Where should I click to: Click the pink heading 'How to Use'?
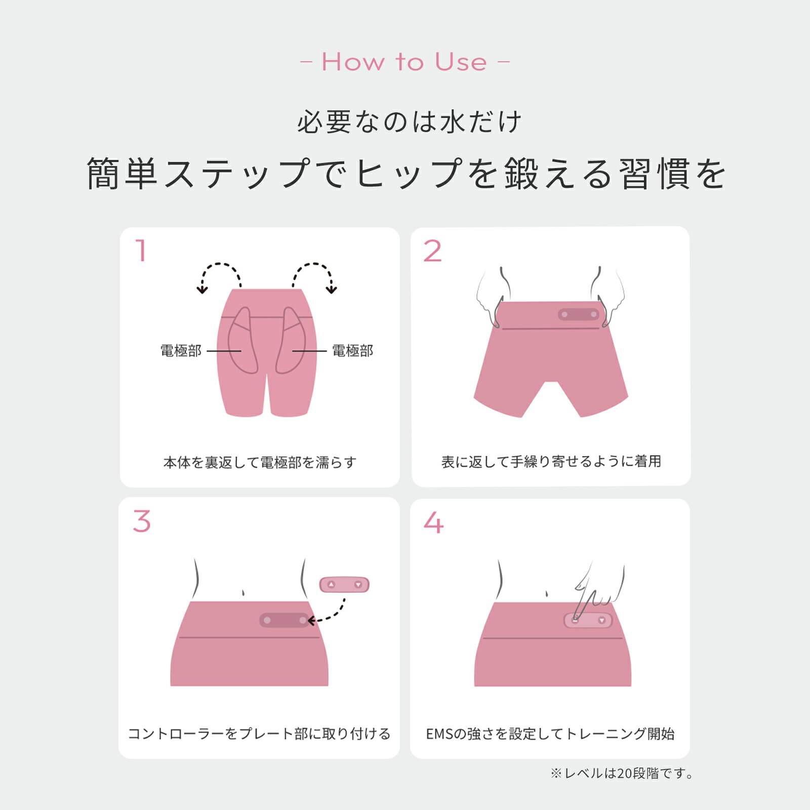tap(404, 62)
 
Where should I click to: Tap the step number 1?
tap(141, 251)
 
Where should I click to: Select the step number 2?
tap(432, 251)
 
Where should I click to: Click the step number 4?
tap(433, 522)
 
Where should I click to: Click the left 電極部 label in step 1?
tap(181, 351)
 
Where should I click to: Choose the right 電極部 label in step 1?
tap(352, 351)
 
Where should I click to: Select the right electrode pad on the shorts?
tap(291, 342)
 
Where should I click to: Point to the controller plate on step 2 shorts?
tap(579, 314)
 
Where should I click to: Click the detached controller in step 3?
tap(344, 585)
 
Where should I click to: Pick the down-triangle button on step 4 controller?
tap(602, 621)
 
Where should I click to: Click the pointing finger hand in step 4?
tap(597, 590)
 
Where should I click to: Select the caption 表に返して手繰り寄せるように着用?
tap(551, 462)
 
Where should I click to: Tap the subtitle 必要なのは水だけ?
tap(409, 122)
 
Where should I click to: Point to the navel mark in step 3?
tap(244, 592)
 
